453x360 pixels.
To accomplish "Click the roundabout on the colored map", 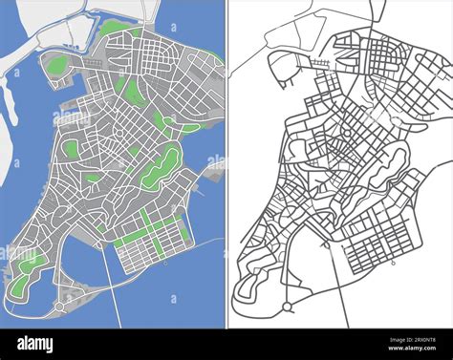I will (60, 307).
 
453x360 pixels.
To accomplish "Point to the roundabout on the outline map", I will (287, 307).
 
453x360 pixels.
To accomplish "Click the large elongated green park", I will (161, 167).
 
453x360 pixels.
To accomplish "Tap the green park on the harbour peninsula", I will (58, 65).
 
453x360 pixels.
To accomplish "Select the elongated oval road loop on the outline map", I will (388, 167).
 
